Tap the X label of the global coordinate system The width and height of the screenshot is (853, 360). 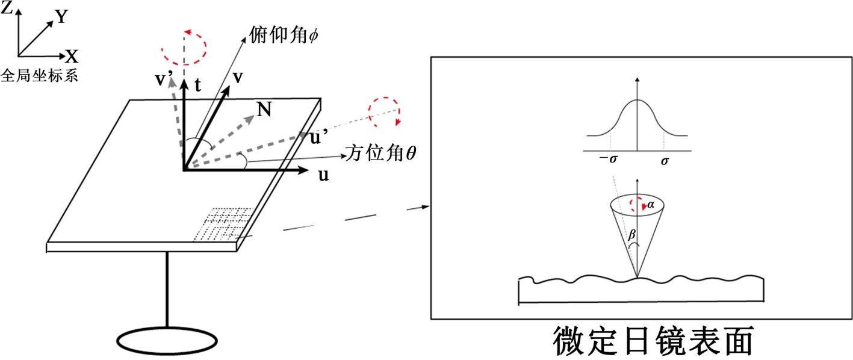(x=72, y=57)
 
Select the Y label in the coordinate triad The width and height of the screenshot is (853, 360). (x=61, y=17)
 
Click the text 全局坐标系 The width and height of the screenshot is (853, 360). (x=40, y=76)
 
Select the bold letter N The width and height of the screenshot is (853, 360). (x=264, y=109)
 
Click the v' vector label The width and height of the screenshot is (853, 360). (x=165, y=79)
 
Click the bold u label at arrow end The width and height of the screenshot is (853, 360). (x=323, y=175)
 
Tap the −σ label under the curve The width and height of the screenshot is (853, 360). (x=609, y=161)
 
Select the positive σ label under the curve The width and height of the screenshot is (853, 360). (x=665, y=161)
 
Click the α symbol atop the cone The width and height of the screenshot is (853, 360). (x=650, y=206)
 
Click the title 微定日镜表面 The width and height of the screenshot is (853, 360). (x=653, y=341)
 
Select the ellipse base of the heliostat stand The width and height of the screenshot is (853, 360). (x=167, y=341)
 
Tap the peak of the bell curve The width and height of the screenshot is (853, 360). (x=637, y=100)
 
